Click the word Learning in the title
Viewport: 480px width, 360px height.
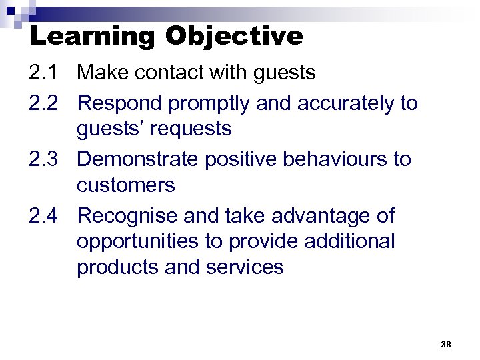point(91,35)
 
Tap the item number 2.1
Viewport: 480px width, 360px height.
point(44,73)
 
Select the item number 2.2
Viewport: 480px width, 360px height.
point(44,103)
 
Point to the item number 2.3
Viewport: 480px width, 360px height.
point(44,159)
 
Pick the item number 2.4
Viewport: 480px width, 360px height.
point(44,216)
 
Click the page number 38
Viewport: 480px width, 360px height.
point(446,344)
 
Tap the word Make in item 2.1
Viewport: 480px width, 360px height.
point(105,73)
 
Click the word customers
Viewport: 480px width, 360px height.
point(126,185)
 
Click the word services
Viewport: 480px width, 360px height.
point(247,267)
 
